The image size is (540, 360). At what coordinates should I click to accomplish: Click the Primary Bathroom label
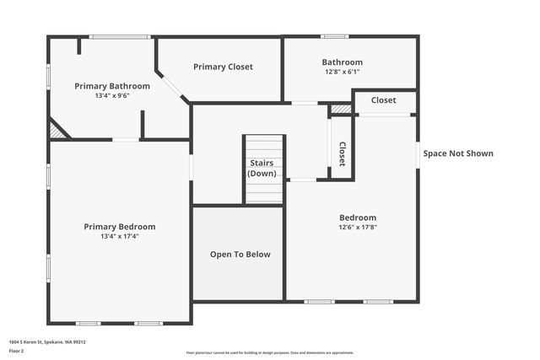(x=112, y=86)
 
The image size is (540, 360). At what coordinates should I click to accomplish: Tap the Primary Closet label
(x=223, y=67)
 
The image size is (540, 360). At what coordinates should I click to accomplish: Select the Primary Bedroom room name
(x=119, y=226)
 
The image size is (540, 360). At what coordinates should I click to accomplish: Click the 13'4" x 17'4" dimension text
(x=119, y=236)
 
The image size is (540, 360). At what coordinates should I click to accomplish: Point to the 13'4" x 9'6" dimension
(x=112, y=95)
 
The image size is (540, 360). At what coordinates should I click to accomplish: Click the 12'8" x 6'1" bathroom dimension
(x=342, y=72)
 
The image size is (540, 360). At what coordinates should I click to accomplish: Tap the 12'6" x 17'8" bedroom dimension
(x=358, y=227)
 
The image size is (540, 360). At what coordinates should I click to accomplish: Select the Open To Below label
(x=240, y=254)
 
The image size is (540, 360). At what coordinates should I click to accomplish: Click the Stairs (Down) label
(x=262, y=168)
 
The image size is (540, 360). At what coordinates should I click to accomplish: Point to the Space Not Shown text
(x=458, y=153)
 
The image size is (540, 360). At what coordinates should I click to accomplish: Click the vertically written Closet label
(x=342, y=153)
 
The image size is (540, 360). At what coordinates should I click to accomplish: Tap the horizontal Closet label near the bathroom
(x=383, y=100)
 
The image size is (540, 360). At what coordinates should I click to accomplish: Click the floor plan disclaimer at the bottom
(x=270, y=352)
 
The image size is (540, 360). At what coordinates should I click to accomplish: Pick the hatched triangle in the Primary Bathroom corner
(x=57, y=130)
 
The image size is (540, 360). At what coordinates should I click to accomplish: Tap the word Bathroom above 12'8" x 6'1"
(x=342, y=62)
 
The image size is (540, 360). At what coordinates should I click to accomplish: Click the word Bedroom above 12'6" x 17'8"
(x=358, y=218)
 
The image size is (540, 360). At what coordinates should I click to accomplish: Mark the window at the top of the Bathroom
(x=334, y=36)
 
